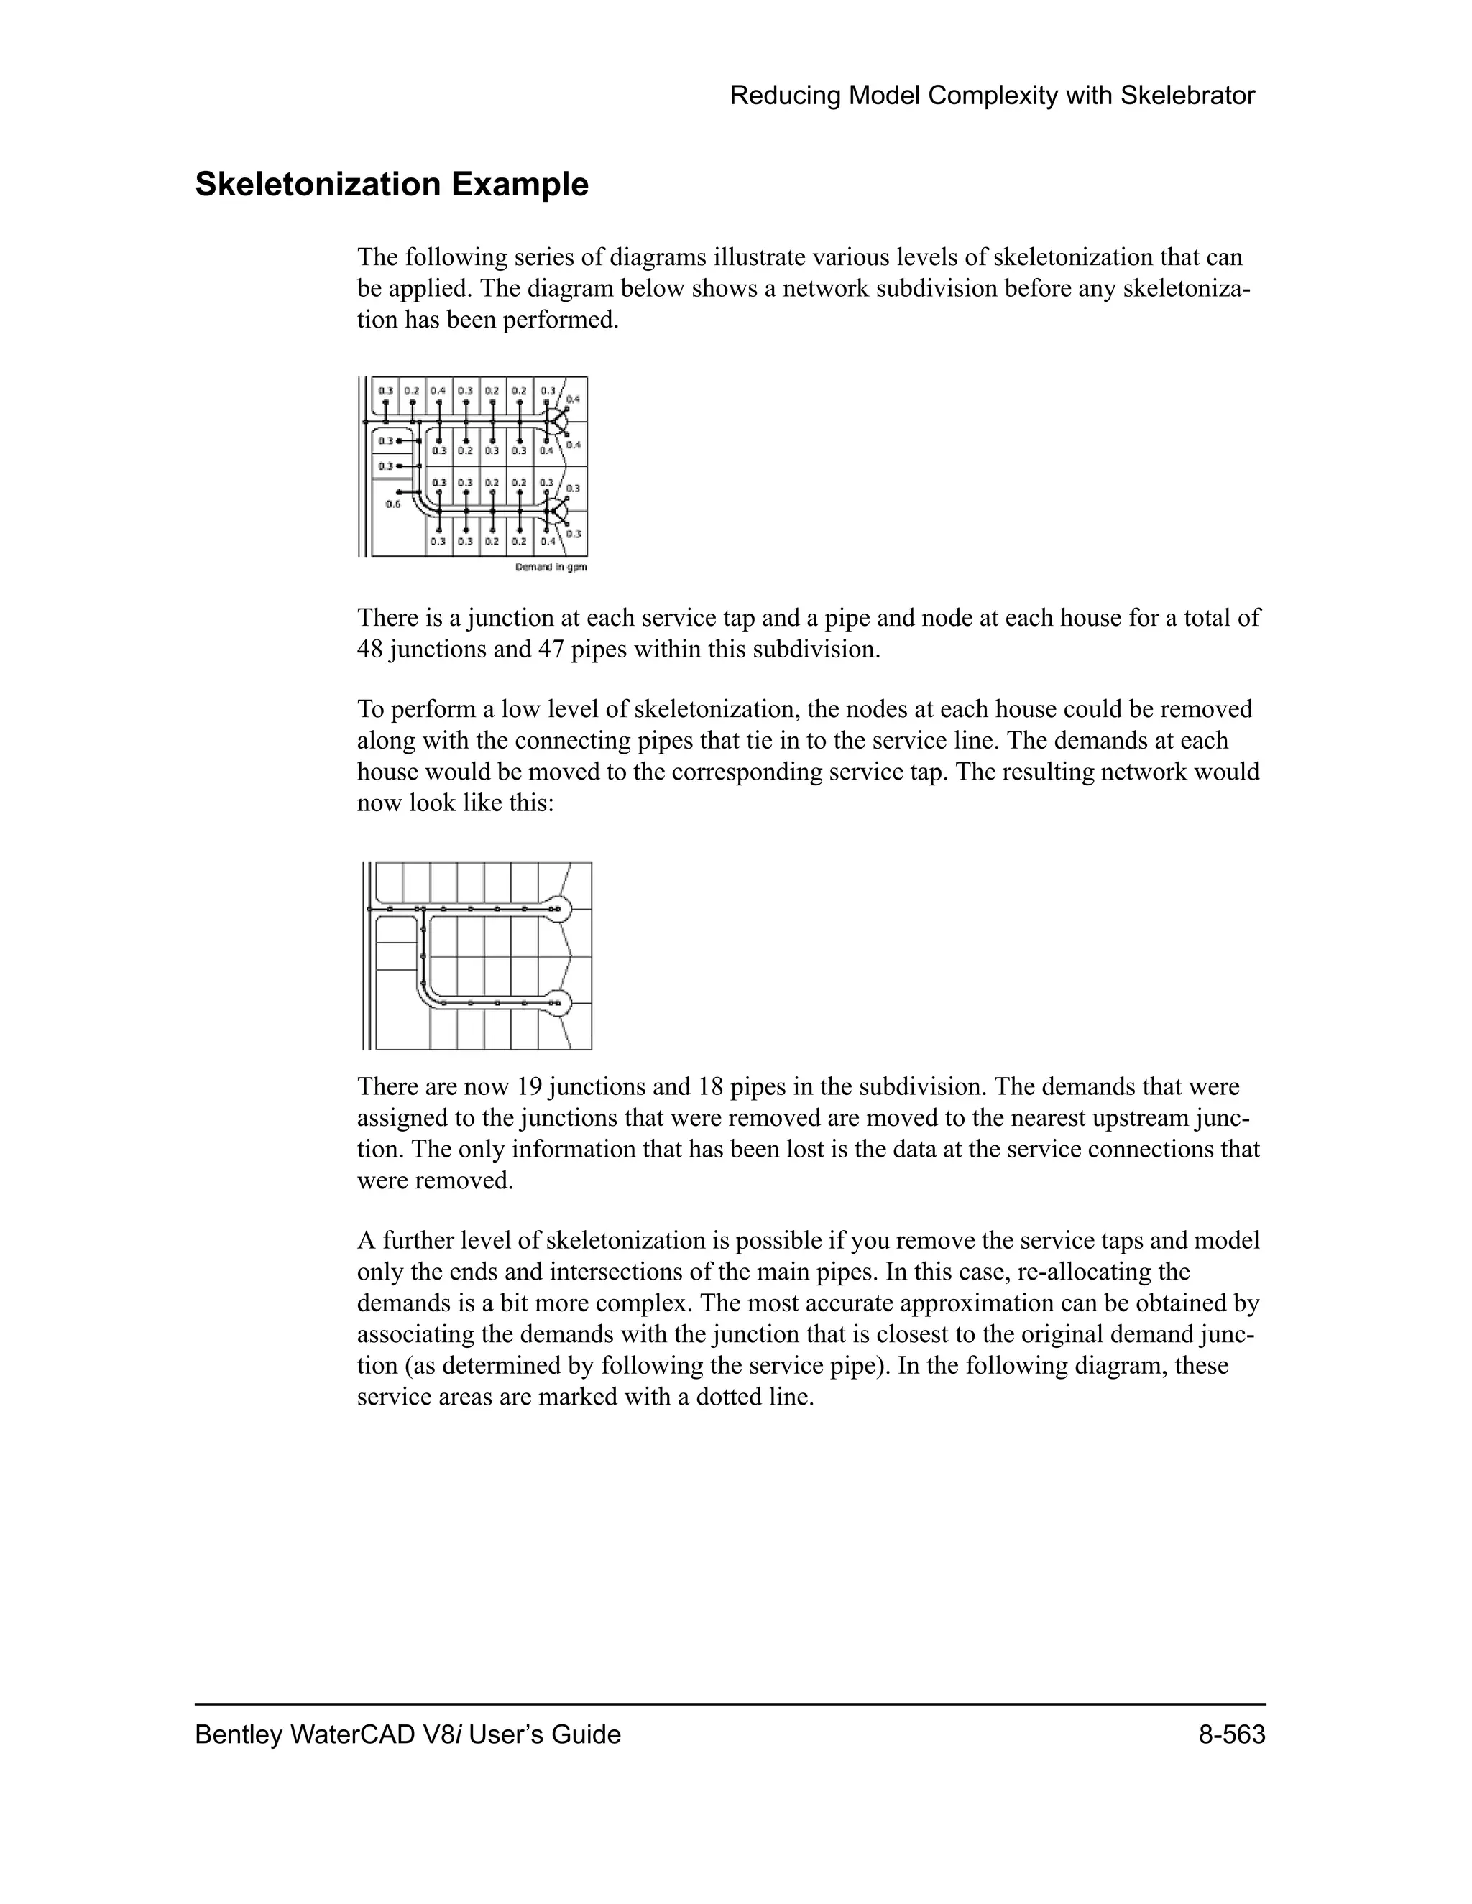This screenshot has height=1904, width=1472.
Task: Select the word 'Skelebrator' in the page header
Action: pyautogui.click(x=1187, y=96)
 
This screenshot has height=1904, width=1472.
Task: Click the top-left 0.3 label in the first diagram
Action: pyautogui.click(x=385, y=389)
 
